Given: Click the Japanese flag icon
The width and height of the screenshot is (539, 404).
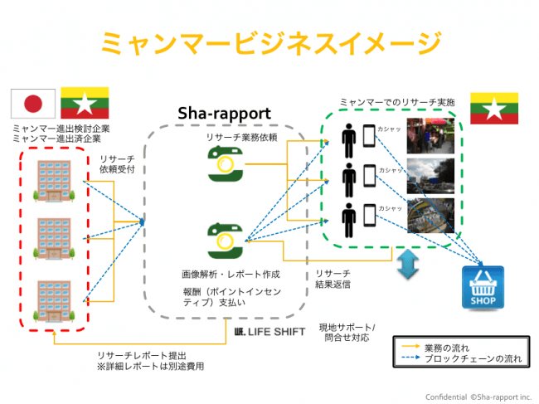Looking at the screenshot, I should coord(32,104).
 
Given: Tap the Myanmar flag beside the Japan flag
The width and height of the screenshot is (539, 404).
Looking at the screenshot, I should coord(83,104).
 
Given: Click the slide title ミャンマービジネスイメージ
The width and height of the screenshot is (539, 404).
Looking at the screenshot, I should coord(269,41).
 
